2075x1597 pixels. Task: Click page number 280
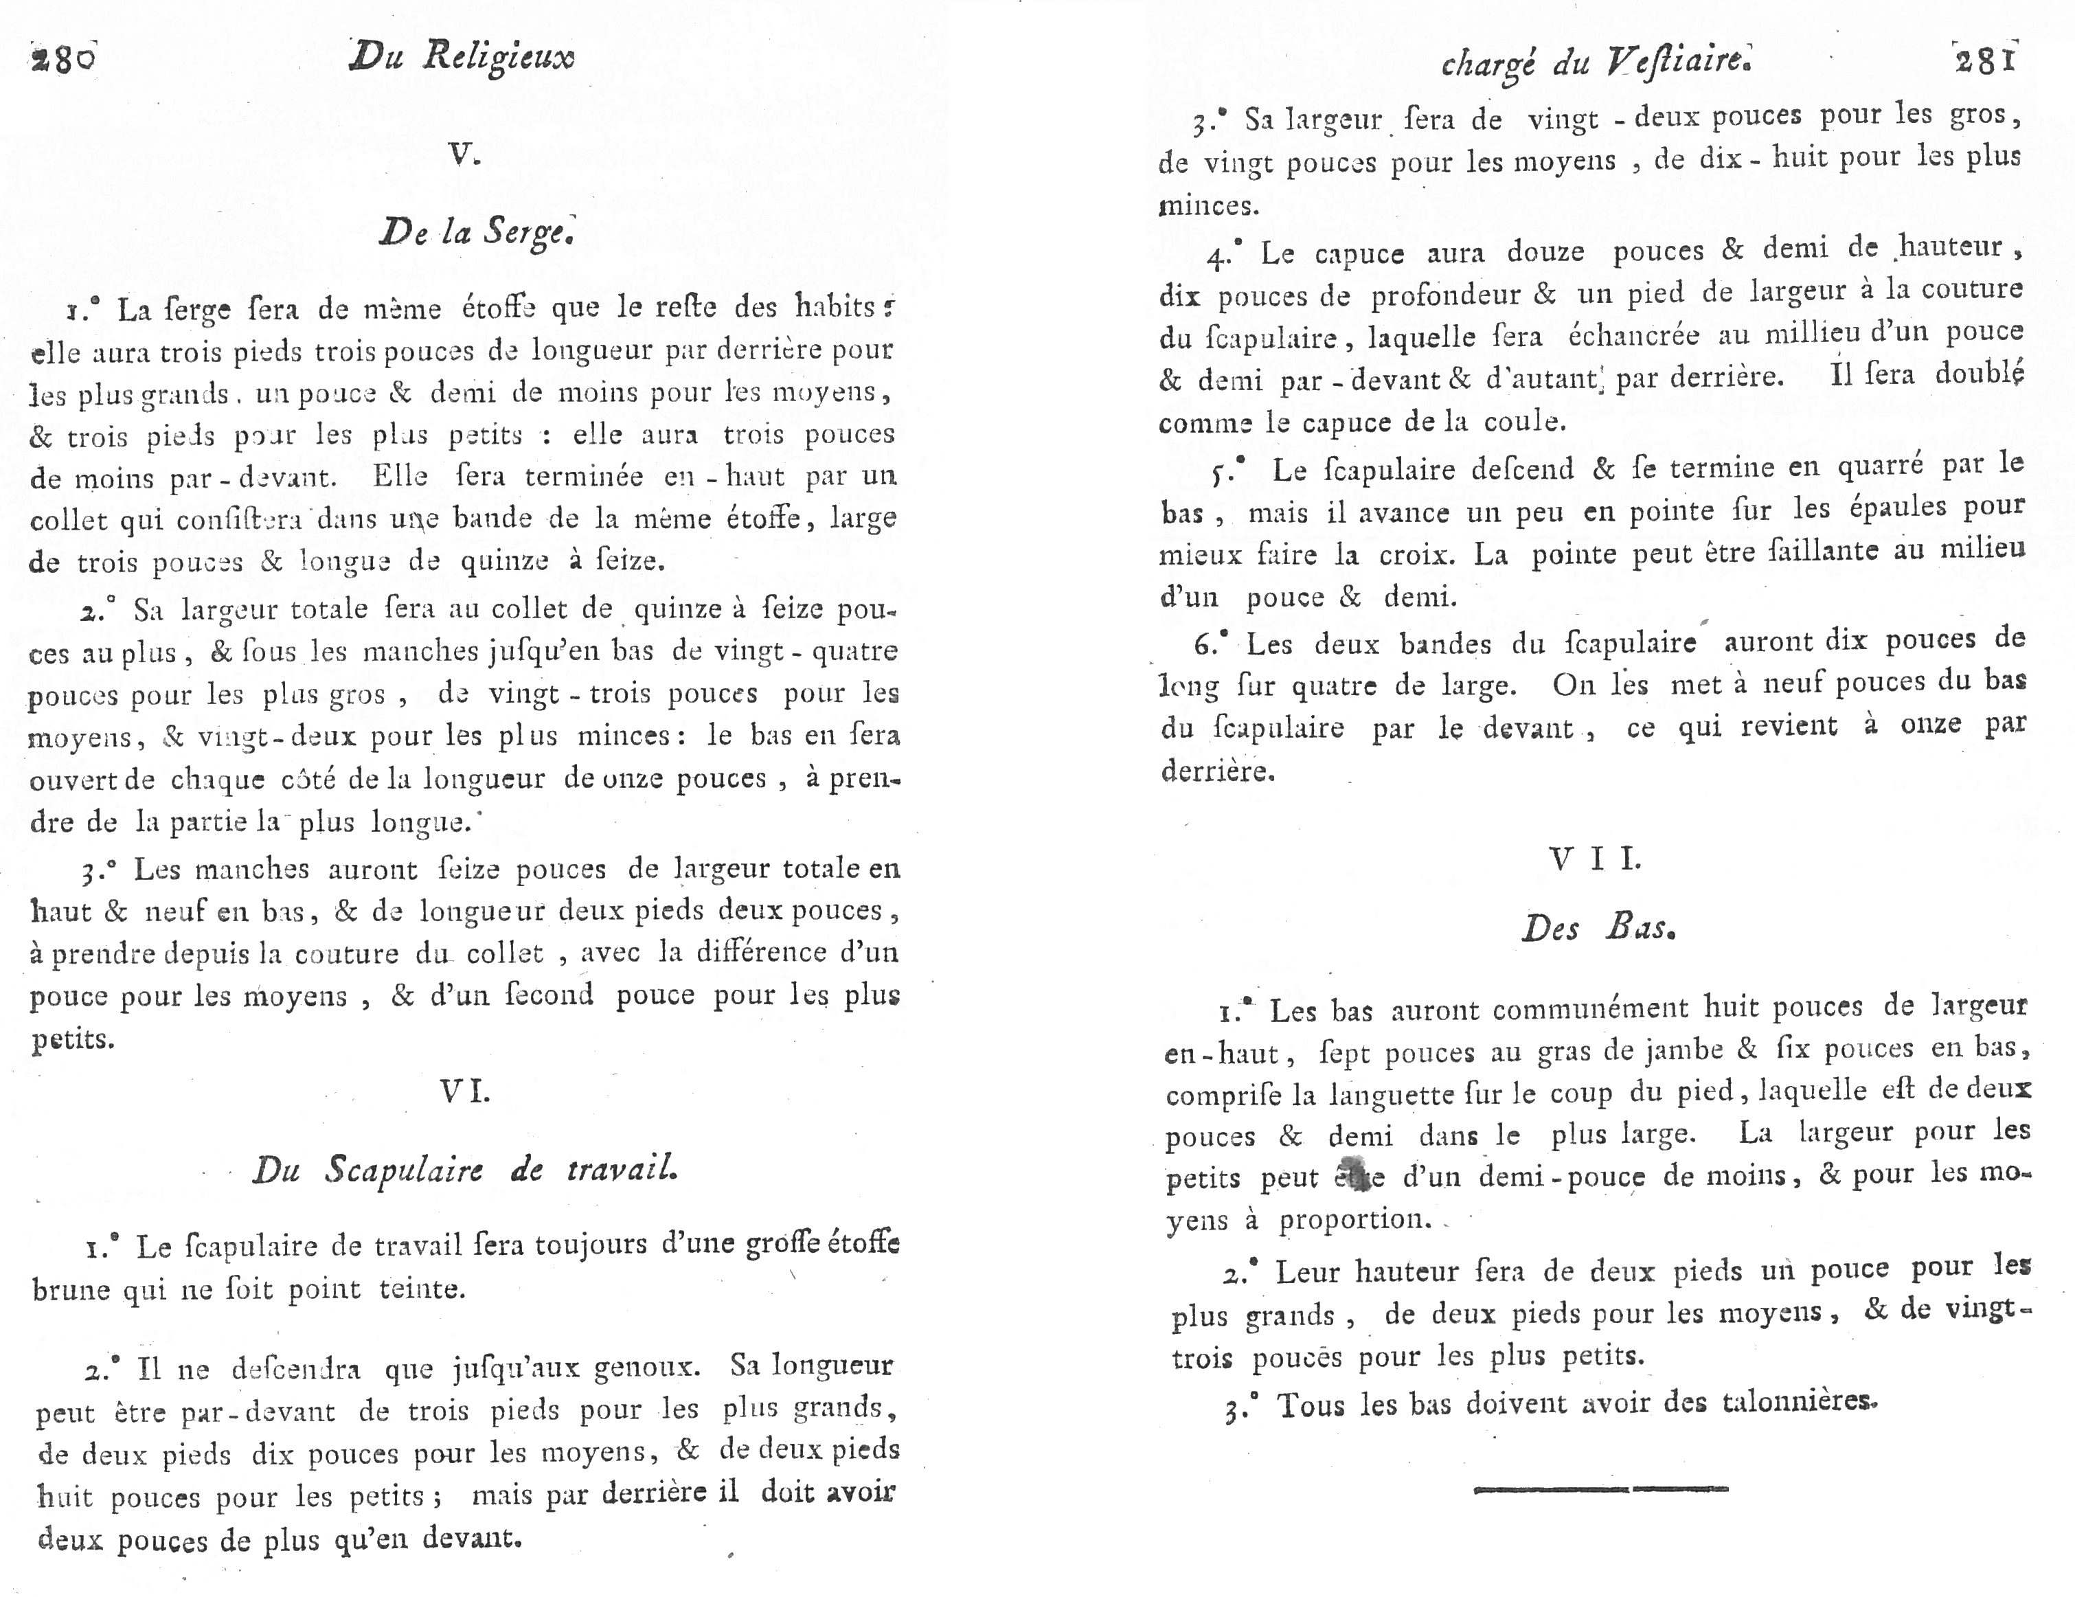(63, 59)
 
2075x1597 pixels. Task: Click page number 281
(1985, 61)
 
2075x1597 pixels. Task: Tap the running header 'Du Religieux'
(462, 57)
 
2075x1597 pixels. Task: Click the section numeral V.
(464, 155)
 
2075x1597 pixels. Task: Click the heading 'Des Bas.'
(1598, 927)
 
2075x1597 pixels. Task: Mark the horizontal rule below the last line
(1600, 1488)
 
